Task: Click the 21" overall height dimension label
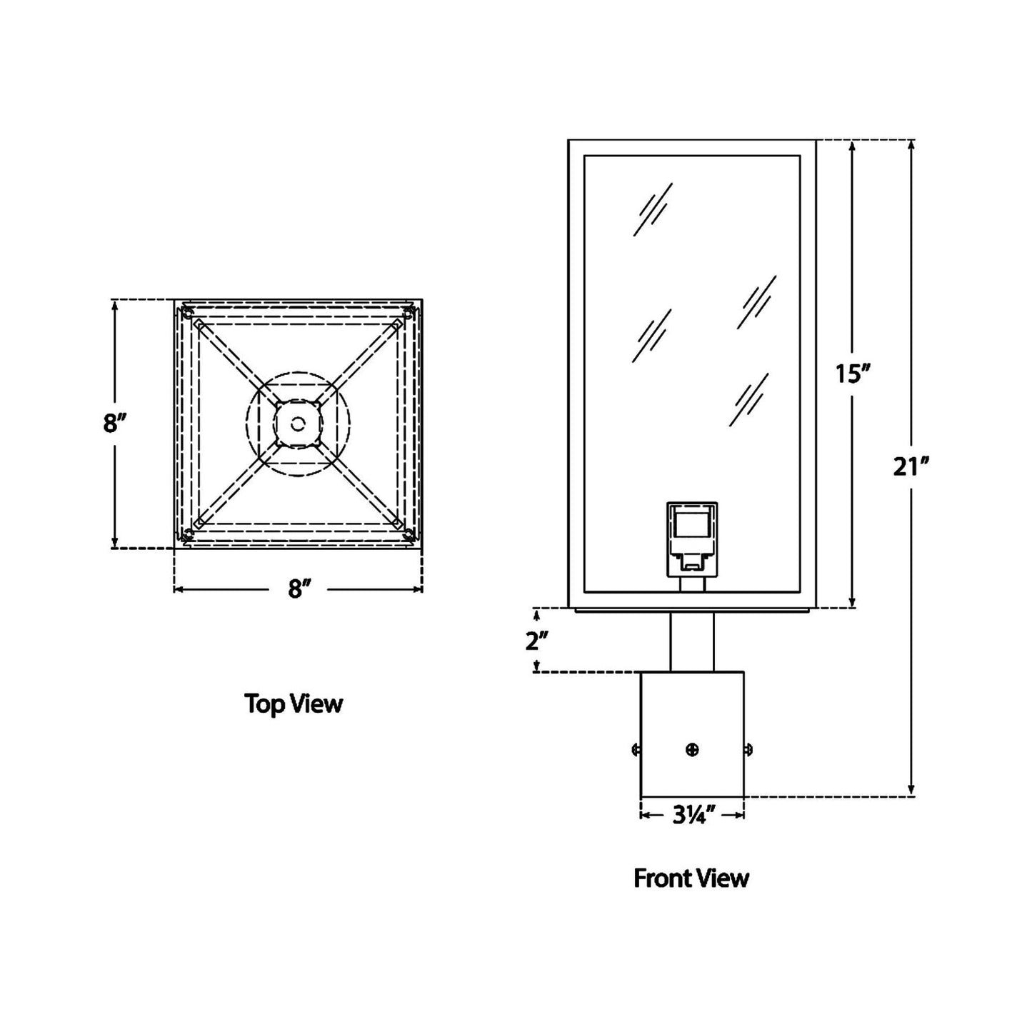click(911, 466)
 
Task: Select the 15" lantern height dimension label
click(853, 373)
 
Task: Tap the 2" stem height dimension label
click(536, 641)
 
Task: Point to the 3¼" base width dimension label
click(693, 815)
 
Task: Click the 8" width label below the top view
click(299, 589)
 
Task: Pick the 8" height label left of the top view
click(114, 424)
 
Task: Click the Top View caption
click(294, 703)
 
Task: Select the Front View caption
click(691, 878)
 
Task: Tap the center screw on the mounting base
click(691, 749)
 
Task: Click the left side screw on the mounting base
click(636, 749)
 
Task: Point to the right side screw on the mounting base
click(748, 749)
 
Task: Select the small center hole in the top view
click(299, 424)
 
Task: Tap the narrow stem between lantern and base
click(691, 642)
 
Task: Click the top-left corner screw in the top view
click(187, 313)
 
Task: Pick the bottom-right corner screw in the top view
click(409, 534)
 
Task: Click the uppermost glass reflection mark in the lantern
click(653, 209)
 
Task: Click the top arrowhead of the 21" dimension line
click(911, 146)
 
